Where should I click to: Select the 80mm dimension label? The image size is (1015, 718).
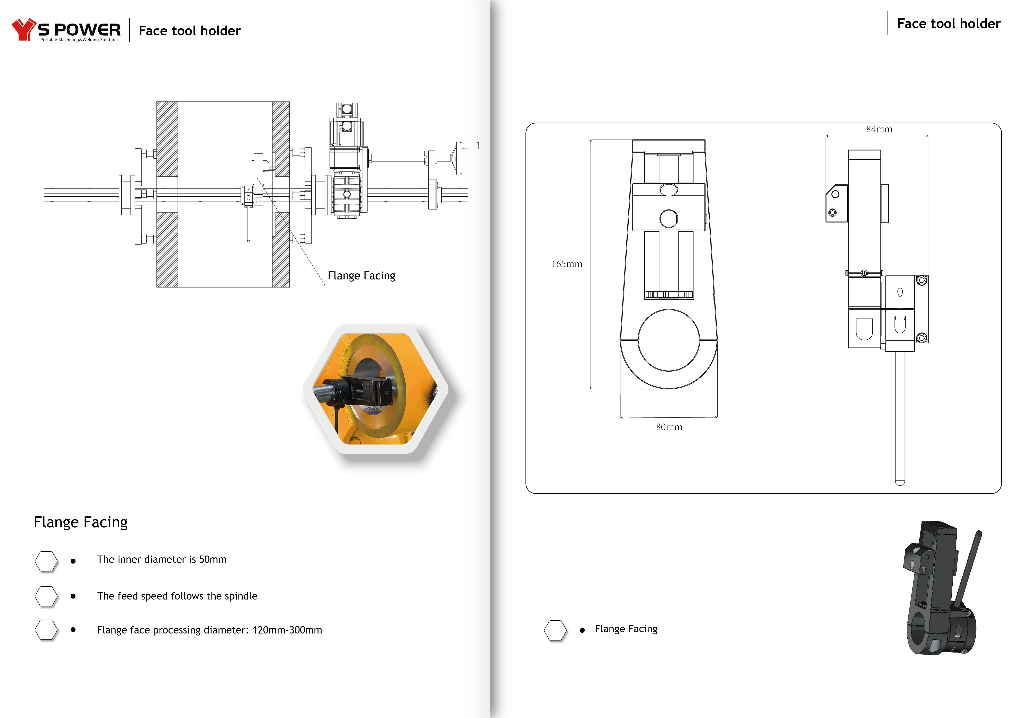coord(669,427)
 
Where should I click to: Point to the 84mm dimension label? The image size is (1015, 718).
coord(879,129)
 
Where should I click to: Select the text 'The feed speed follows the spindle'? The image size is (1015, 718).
coord(177,596)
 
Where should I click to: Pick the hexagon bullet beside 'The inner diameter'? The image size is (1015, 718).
coord(46,561)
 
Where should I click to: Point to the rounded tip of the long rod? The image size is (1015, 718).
coord(900,482)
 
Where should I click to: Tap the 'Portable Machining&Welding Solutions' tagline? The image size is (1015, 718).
coord(80,40)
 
